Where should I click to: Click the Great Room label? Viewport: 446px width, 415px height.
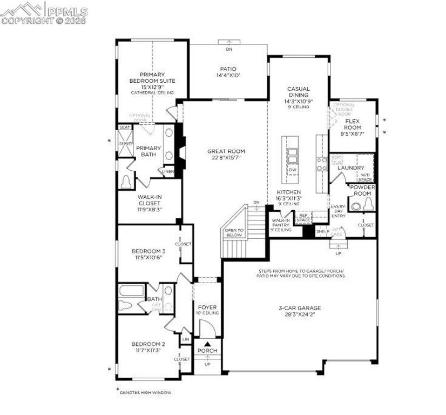click(226, 151)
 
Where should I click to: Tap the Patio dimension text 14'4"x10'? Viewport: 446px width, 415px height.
click(228, 75)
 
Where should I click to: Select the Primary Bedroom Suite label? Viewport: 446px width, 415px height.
click(152, 77)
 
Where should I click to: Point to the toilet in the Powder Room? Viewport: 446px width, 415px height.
click(368, 204)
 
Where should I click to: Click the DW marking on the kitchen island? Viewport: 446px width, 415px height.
click(293, 170)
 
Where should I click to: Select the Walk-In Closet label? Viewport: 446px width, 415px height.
click(150, 200)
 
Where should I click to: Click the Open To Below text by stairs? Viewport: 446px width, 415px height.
click(234, 233)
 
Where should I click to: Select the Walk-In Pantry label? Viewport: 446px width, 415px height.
click(281, 224)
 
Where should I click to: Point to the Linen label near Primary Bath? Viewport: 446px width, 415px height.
click(167, 171)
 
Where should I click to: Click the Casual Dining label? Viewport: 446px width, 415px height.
click(298, 91)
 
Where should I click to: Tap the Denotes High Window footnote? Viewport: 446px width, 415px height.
click(145, 392)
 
